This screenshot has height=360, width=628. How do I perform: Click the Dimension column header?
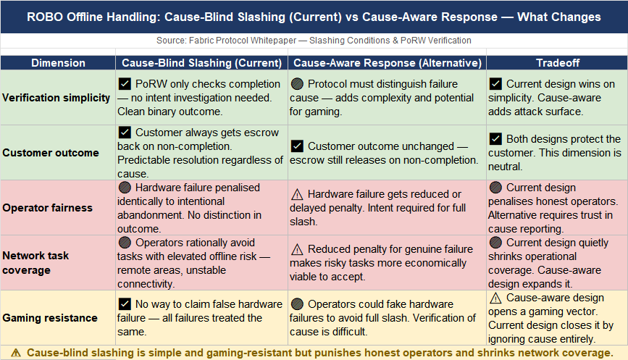click(x=58, y=63)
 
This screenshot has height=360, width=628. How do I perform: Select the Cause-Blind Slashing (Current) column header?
click(x=201, y=63)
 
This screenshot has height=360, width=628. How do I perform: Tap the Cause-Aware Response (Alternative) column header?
click(x=387, y=63)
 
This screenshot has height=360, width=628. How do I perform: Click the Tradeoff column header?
click(x=556, y=63)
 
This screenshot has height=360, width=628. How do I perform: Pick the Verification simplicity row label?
click(x=56, y=98)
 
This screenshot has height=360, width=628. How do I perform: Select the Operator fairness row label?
click(x=48, y=208)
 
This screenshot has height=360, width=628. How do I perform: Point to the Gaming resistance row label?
click(x=50, y=317)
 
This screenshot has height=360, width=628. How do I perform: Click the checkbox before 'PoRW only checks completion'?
click(x=125, y=84)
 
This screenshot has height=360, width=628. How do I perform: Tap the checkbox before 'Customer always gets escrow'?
click(x=125, y=133)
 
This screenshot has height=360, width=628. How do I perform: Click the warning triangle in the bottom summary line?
click(x=16, y=353)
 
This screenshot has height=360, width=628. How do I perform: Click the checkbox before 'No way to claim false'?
click(x=125, y=304)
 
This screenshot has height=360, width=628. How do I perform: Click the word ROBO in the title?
click(x=46, y=16)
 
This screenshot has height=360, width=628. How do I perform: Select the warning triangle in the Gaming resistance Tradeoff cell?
click(x=496, y=298)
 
